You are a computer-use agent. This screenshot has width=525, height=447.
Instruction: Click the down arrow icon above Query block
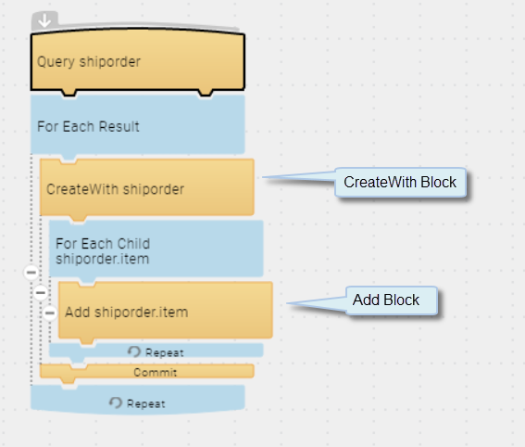coord(44,20)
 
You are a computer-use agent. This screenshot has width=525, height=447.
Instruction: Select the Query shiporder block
coord(138,62)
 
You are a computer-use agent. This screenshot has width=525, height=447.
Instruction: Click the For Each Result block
coord(138,126)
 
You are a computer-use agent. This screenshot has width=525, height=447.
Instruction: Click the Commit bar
coord(147,372)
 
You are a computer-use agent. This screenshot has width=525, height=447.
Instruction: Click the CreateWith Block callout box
coord(400,182)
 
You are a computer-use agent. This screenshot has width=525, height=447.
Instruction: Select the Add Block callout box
coord(392,300)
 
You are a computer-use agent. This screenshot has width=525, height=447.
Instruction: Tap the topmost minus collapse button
coord(31,273)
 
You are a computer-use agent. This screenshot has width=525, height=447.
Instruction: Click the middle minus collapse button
coord(41,293)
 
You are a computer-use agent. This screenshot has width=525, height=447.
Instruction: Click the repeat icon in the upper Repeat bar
coord(134,351)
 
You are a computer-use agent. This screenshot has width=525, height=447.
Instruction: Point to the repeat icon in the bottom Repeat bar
coord(116,402)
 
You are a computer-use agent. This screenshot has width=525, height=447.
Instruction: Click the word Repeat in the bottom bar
coord(146,404)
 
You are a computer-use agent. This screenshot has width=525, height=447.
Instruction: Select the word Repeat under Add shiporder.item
coord(165,353)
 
